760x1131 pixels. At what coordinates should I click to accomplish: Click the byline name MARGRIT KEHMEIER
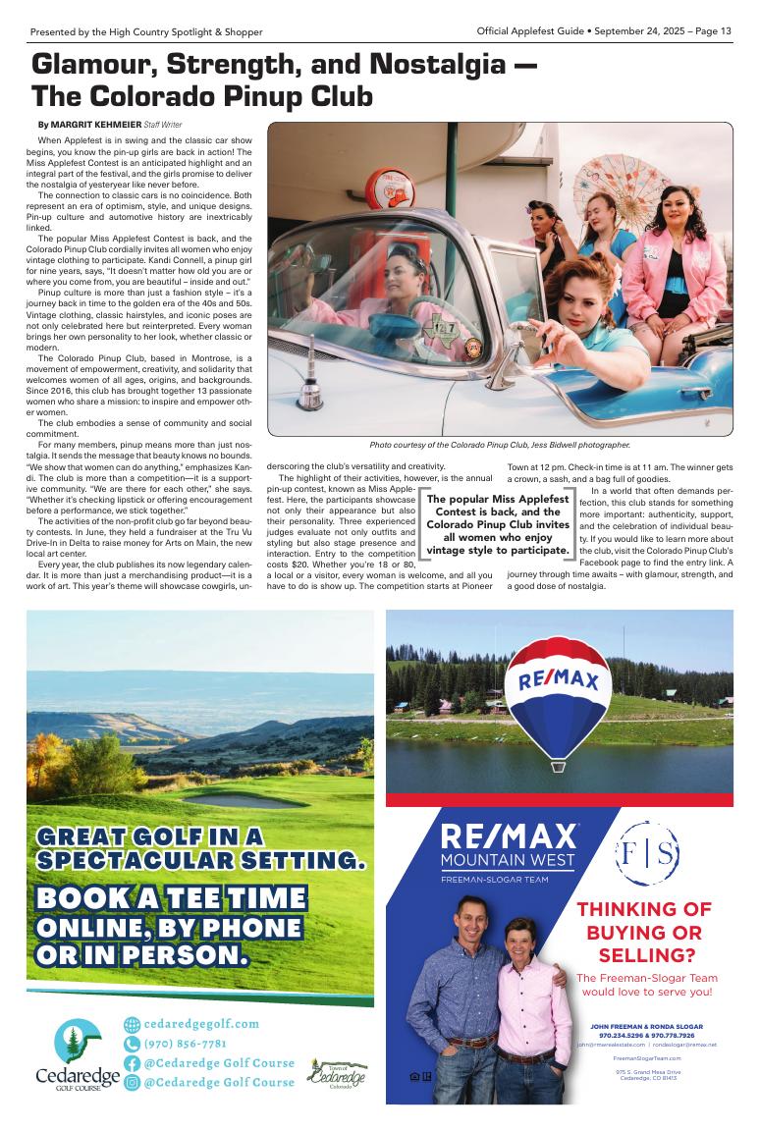[x=97, y=126]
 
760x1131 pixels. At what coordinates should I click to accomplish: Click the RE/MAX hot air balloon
[x=558, y=691]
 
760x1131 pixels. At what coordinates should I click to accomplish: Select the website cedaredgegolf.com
[x=201, y=1023]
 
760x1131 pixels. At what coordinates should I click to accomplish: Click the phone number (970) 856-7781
[x=186, y=1043]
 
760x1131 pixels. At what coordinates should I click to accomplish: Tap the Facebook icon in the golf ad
[x=133, y=1063]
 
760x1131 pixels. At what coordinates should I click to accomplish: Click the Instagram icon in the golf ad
[x=133, y=1083]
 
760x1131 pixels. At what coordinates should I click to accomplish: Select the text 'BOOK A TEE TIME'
[x=171, y=898]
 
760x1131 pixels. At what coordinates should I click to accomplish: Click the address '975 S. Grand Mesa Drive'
[x=646, y=1071]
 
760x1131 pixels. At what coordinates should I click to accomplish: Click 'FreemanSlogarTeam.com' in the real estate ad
[x=646, y=1059]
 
